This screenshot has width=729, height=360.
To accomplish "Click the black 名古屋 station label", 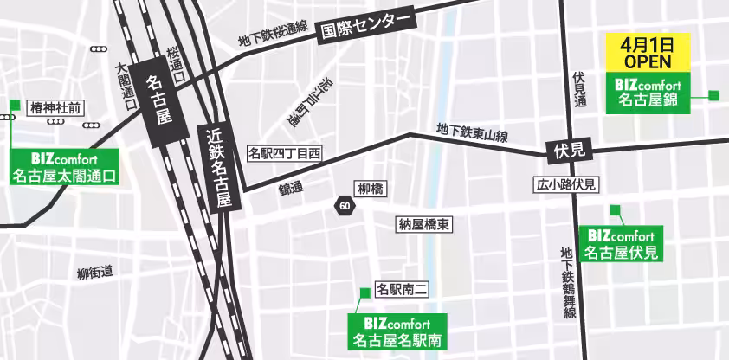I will [162, 98].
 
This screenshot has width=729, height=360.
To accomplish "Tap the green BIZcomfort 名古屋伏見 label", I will [621, 243].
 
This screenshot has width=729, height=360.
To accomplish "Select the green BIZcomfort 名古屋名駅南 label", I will [397, 331].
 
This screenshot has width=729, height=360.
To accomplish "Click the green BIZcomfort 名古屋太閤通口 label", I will [65, 168].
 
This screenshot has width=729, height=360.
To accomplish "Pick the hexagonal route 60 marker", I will [345, 206].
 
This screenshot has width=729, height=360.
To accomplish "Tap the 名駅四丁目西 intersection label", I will [284, 154].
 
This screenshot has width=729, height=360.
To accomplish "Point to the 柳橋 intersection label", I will [371, 188].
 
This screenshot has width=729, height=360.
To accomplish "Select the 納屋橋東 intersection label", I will [423, 224].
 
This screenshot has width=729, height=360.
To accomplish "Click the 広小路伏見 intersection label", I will [567, 184].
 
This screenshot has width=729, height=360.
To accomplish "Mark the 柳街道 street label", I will [95, 273].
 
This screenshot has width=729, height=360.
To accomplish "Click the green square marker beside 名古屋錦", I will [714, 96].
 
